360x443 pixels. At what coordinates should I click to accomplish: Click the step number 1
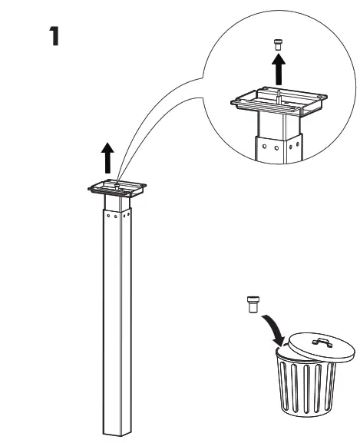54,37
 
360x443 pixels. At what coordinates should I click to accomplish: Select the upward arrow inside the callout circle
278,71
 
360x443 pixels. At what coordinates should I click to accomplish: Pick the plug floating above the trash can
249,303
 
